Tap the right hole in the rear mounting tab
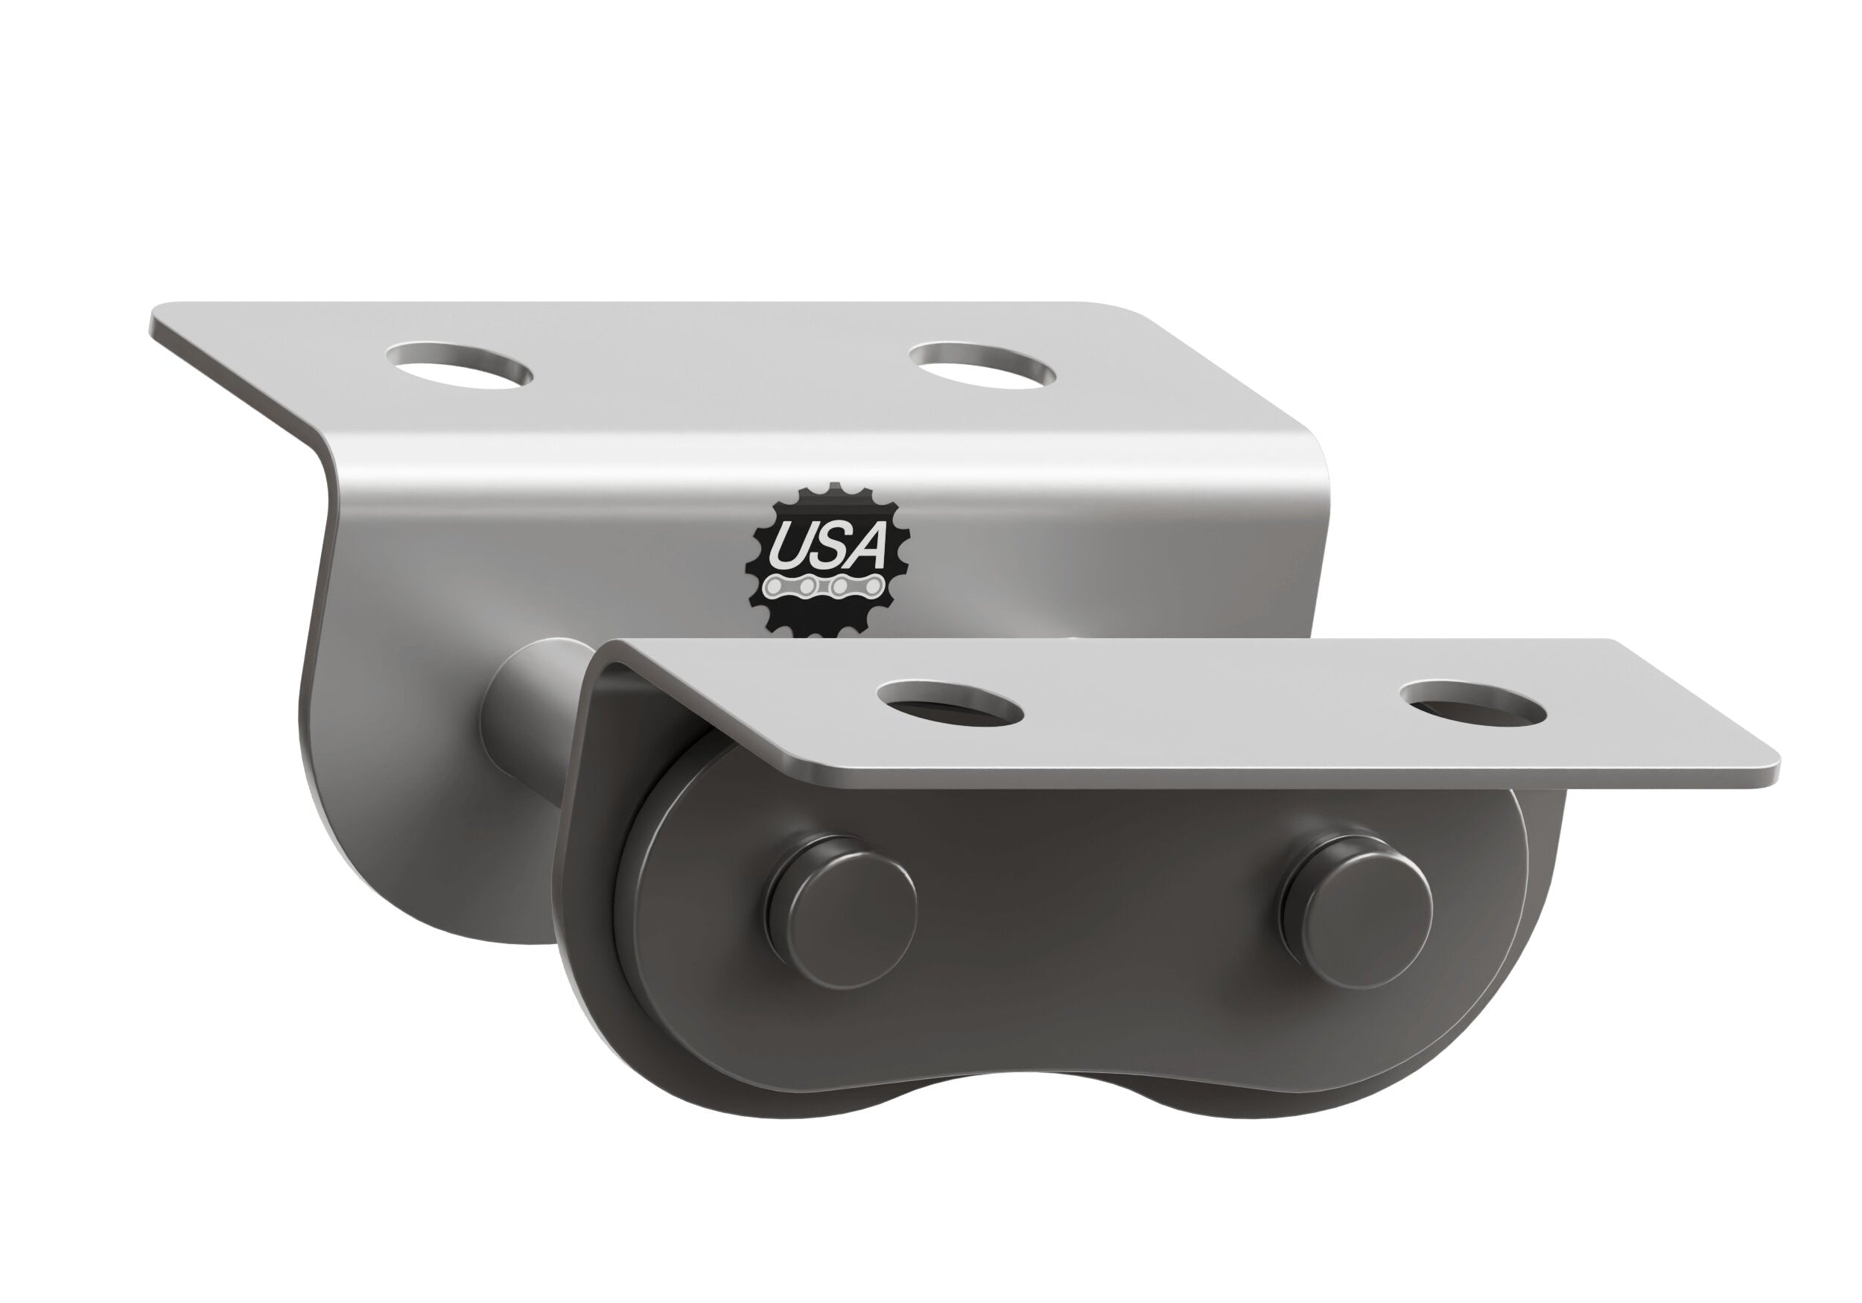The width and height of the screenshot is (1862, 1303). (x=983, y=366)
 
